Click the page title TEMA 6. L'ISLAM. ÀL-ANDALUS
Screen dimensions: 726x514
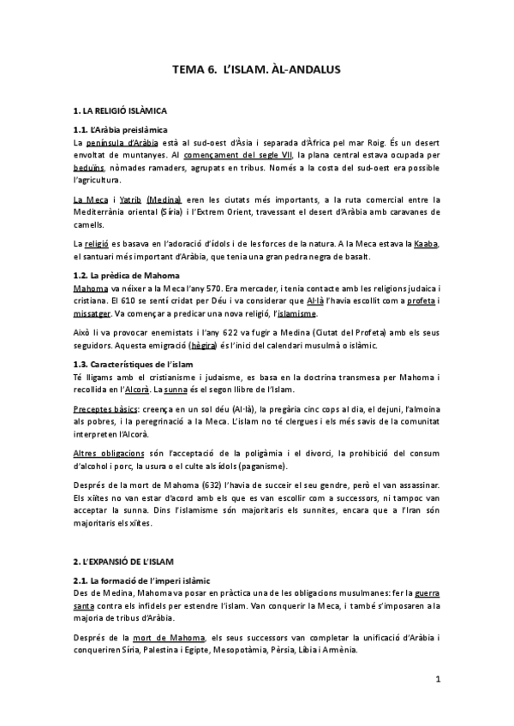pos(257,74)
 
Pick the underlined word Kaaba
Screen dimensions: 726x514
pos(426,244)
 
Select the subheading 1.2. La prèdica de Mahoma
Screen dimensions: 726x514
pos(126,275)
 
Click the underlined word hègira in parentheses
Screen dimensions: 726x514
pos(202,345)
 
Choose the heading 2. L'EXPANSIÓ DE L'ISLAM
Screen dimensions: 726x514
pos(123,561)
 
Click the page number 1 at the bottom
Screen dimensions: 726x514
pos(437,680)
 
